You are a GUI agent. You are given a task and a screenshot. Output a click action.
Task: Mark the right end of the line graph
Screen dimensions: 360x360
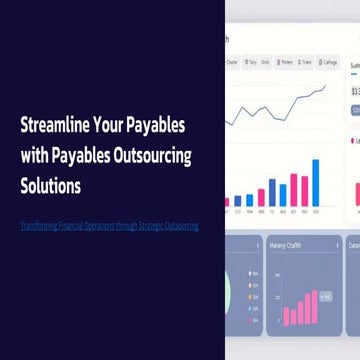pyautogui.click(x=326, y=86)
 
